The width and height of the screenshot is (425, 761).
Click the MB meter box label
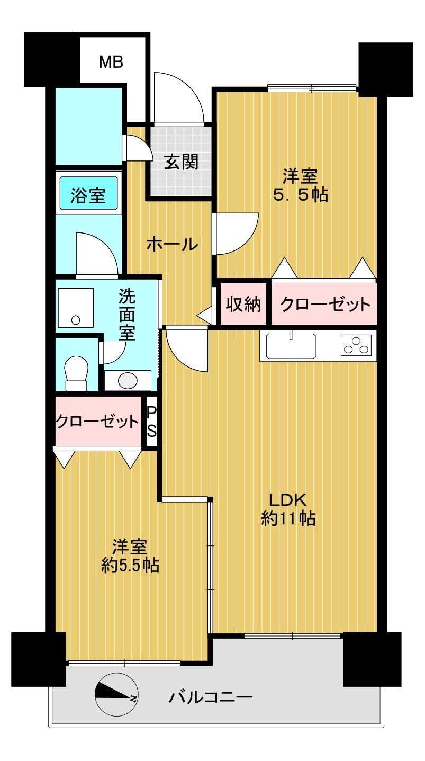pyautogui.click(x=111, y=62)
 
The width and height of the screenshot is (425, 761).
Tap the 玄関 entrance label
pyautogui.click(x=181, y=162)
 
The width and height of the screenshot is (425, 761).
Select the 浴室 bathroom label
pyautogui.click(x=88, y=196)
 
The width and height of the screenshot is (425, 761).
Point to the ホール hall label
pyautogui.click(x=172, y=244)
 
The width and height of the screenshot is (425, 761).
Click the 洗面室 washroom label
pyautogui.click(x=127, y=314)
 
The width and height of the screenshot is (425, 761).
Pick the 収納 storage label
pyautogui.click(x=243, y=304)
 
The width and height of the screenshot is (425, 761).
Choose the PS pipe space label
pyautogui.click(x=151, y=422)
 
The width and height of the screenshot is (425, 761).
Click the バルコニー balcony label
pyautogui.click(x=211, y=697)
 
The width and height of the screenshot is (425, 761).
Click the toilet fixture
pyautogui.click(x=77, y=373)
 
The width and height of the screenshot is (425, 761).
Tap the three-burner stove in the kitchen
pyautogui.click(x=356, y=345)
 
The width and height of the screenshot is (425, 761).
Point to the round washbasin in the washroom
pyautogui.click(x=128, y=380)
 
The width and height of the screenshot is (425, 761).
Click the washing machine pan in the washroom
pyautogui.click(x=75, y=307)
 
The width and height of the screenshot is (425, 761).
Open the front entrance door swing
pyautogui.click(x=178, y=97)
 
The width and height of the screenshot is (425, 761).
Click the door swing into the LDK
pyautogui.click(x=186, y=349)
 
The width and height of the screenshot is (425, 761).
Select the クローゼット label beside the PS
pyautogui.click(x=97, y=422)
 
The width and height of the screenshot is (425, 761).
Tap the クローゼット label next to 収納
pyautogui.click(x=325, y=304)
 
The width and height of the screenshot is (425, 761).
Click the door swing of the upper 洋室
pyautogui.click(x=236, y=234)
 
